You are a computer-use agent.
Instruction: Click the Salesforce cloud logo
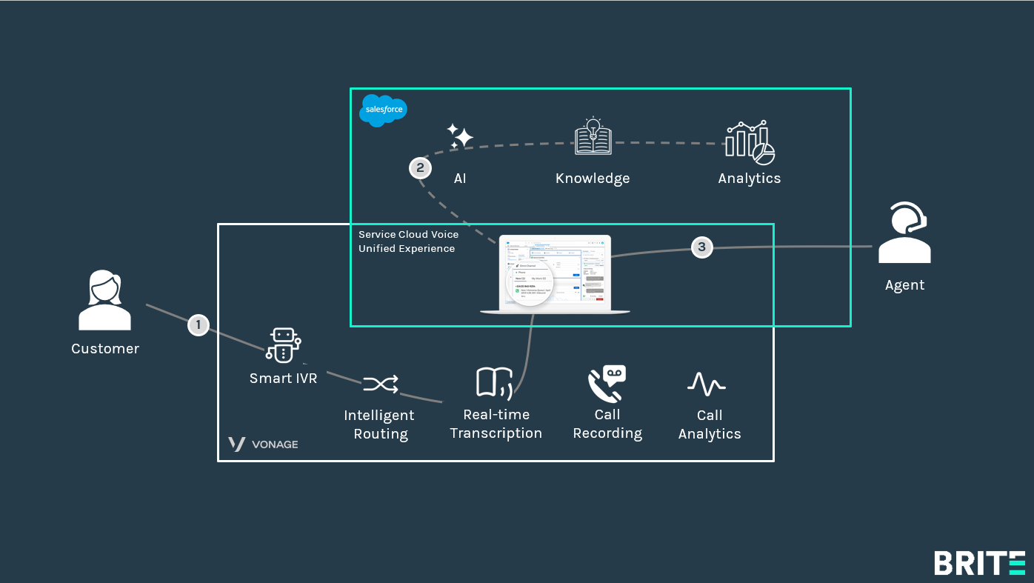pyautogui.click(x=383, y=110)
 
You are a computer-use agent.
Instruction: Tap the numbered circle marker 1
pyautogui.click(x=198, y=324)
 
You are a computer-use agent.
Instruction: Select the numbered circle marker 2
pyautogui.click(x=420, y=168)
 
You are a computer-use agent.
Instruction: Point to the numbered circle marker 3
pyautogui.click(x=702, y=247)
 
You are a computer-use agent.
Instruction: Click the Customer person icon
pyautogui.click(x=104, y=300)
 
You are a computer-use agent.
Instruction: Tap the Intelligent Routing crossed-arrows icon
pyautogui.click(x=380, y=384)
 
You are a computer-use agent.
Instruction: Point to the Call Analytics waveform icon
pyautogui.click(x=706, y=384)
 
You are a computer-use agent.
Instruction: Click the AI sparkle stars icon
pyautogui.click(x=460, y=137)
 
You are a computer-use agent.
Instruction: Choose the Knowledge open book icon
pyautogui.click(x=593, y=137)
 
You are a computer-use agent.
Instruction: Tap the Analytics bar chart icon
pyautogui.click(x=750, y=142)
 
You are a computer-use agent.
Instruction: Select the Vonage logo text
pyautogui.click(x=263, y=444)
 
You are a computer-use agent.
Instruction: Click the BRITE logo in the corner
pyautogui.click(x=979, y=563)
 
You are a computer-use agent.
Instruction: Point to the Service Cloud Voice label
pyautogui.click(x=408, y=235)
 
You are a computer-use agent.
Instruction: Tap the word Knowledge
pyautogui.click(x=593, y=179)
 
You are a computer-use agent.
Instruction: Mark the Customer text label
pyautogui.click(x=105, y=349)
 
